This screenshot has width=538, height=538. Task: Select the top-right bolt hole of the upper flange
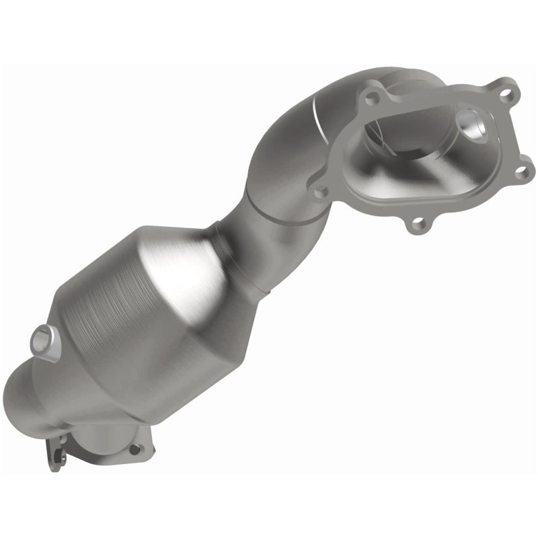[x=506, y=93]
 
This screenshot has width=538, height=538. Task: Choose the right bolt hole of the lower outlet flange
[x=134, y=449]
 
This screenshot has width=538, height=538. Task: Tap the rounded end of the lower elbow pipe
[x=27, y=403]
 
